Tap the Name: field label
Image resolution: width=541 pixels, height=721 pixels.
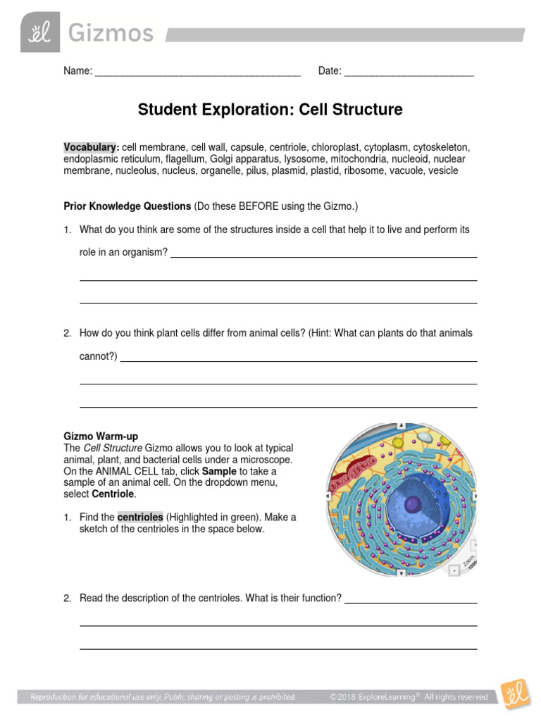click(77, 71)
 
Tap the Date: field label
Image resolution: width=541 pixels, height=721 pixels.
click(330, 71)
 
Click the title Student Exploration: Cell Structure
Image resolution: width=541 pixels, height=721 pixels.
click(270, 110)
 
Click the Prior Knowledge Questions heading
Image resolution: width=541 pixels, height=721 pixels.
click(128, 206)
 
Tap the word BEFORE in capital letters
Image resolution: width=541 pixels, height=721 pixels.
click(261, 206)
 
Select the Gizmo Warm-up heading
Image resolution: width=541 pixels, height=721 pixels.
click(106, 437)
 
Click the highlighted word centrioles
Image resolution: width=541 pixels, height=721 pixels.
click(140, 517)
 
